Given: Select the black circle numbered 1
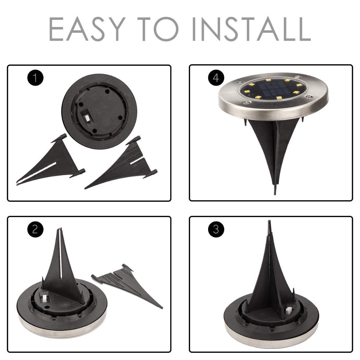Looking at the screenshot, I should coord(35,78).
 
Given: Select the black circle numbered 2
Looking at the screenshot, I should coord(35,229).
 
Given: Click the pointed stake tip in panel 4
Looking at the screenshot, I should coord(275,191).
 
